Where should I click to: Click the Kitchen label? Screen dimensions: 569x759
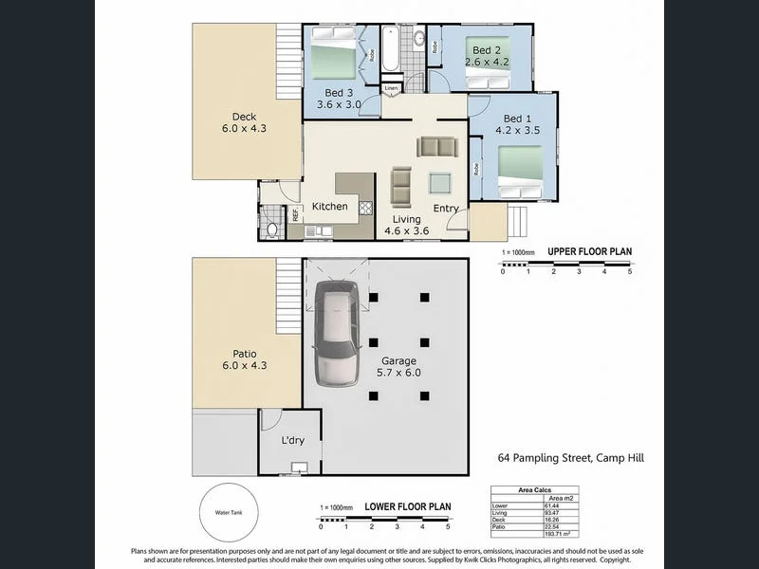(329, 207)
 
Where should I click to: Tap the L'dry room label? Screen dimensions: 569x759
(291, 441)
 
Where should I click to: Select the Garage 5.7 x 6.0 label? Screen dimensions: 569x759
(398, 367)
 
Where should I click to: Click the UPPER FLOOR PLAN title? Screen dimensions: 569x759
(589, 252)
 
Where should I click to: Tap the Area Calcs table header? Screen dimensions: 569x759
(533, 490)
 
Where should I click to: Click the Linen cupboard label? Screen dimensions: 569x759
(391, 88)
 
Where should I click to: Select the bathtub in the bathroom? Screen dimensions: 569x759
(391, 47)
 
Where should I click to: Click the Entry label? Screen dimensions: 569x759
(446, 209)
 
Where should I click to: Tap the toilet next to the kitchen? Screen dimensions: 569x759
(272, 229)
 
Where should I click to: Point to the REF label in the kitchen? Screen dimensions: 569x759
(295, 215)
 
